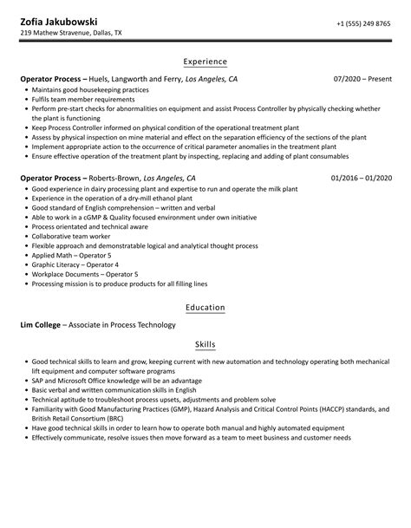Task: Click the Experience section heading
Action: click(205, 62)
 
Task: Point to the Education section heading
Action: click(205, 307)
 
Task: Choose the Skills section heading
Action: click(205, 343)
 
